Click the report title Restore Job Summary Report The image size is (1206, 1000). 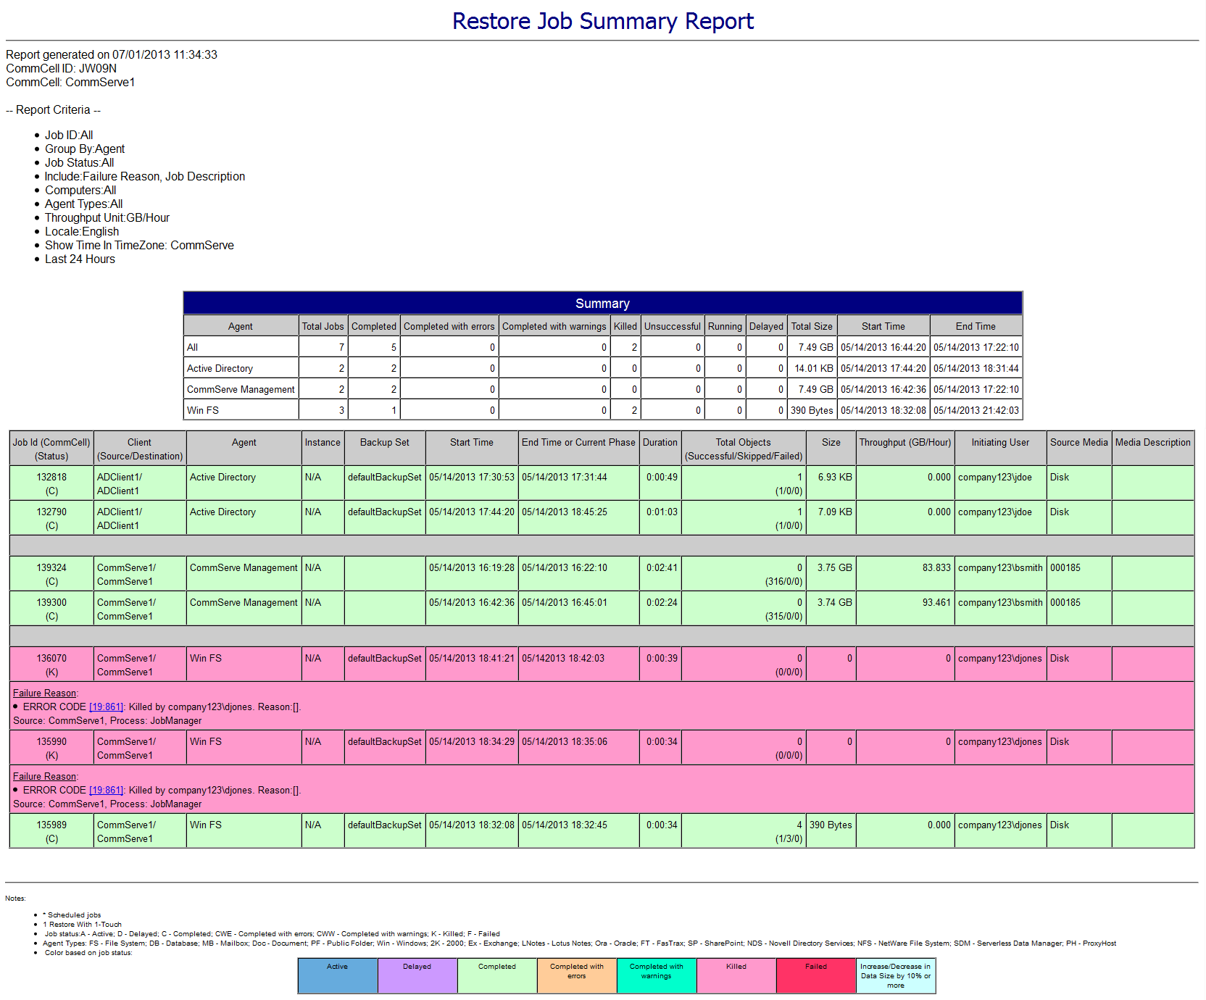click(x=602, y=21)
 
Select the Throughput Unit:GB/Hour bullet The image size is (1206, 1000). click(x=107, y=217)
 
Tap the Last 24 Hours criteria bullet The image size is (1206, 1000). click(x=80, y=259)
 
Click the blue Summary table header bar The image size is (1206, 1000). click(x=602, y=304)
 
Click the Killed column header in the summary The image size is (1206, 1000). click(x=625, y=326)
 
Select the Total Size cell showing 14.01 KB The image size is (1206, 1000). click(x=813, y=368)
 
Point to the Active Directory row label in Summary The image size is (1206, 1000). click(x=220, y=368)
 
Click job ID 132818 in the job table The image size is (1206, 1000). click(x=51, y=477)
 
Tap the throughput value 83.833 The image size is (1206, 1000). click(x=936, y=567)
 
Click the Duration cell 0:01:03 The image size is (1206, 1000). click(x=662, y=512)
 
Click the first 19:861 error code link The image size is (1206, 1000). click(x=107, y=707)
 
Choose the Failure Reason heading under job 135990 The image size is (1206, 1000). click(x=45, y=776)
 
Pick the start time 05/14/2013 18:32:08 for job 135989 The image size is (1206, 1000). click(x=471, y=825)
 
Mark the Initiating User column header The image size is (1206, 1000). click(x=999, y=442)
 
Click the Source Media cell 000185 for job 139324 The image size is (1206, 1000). click(x=1065, y=567)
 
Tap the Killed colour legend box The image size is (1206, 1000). click(x=736, y=975)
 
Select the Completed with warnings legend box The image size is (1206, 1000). click(x=656, y=975)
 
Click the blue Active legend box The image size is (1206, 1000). click(x=337, y=975)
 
